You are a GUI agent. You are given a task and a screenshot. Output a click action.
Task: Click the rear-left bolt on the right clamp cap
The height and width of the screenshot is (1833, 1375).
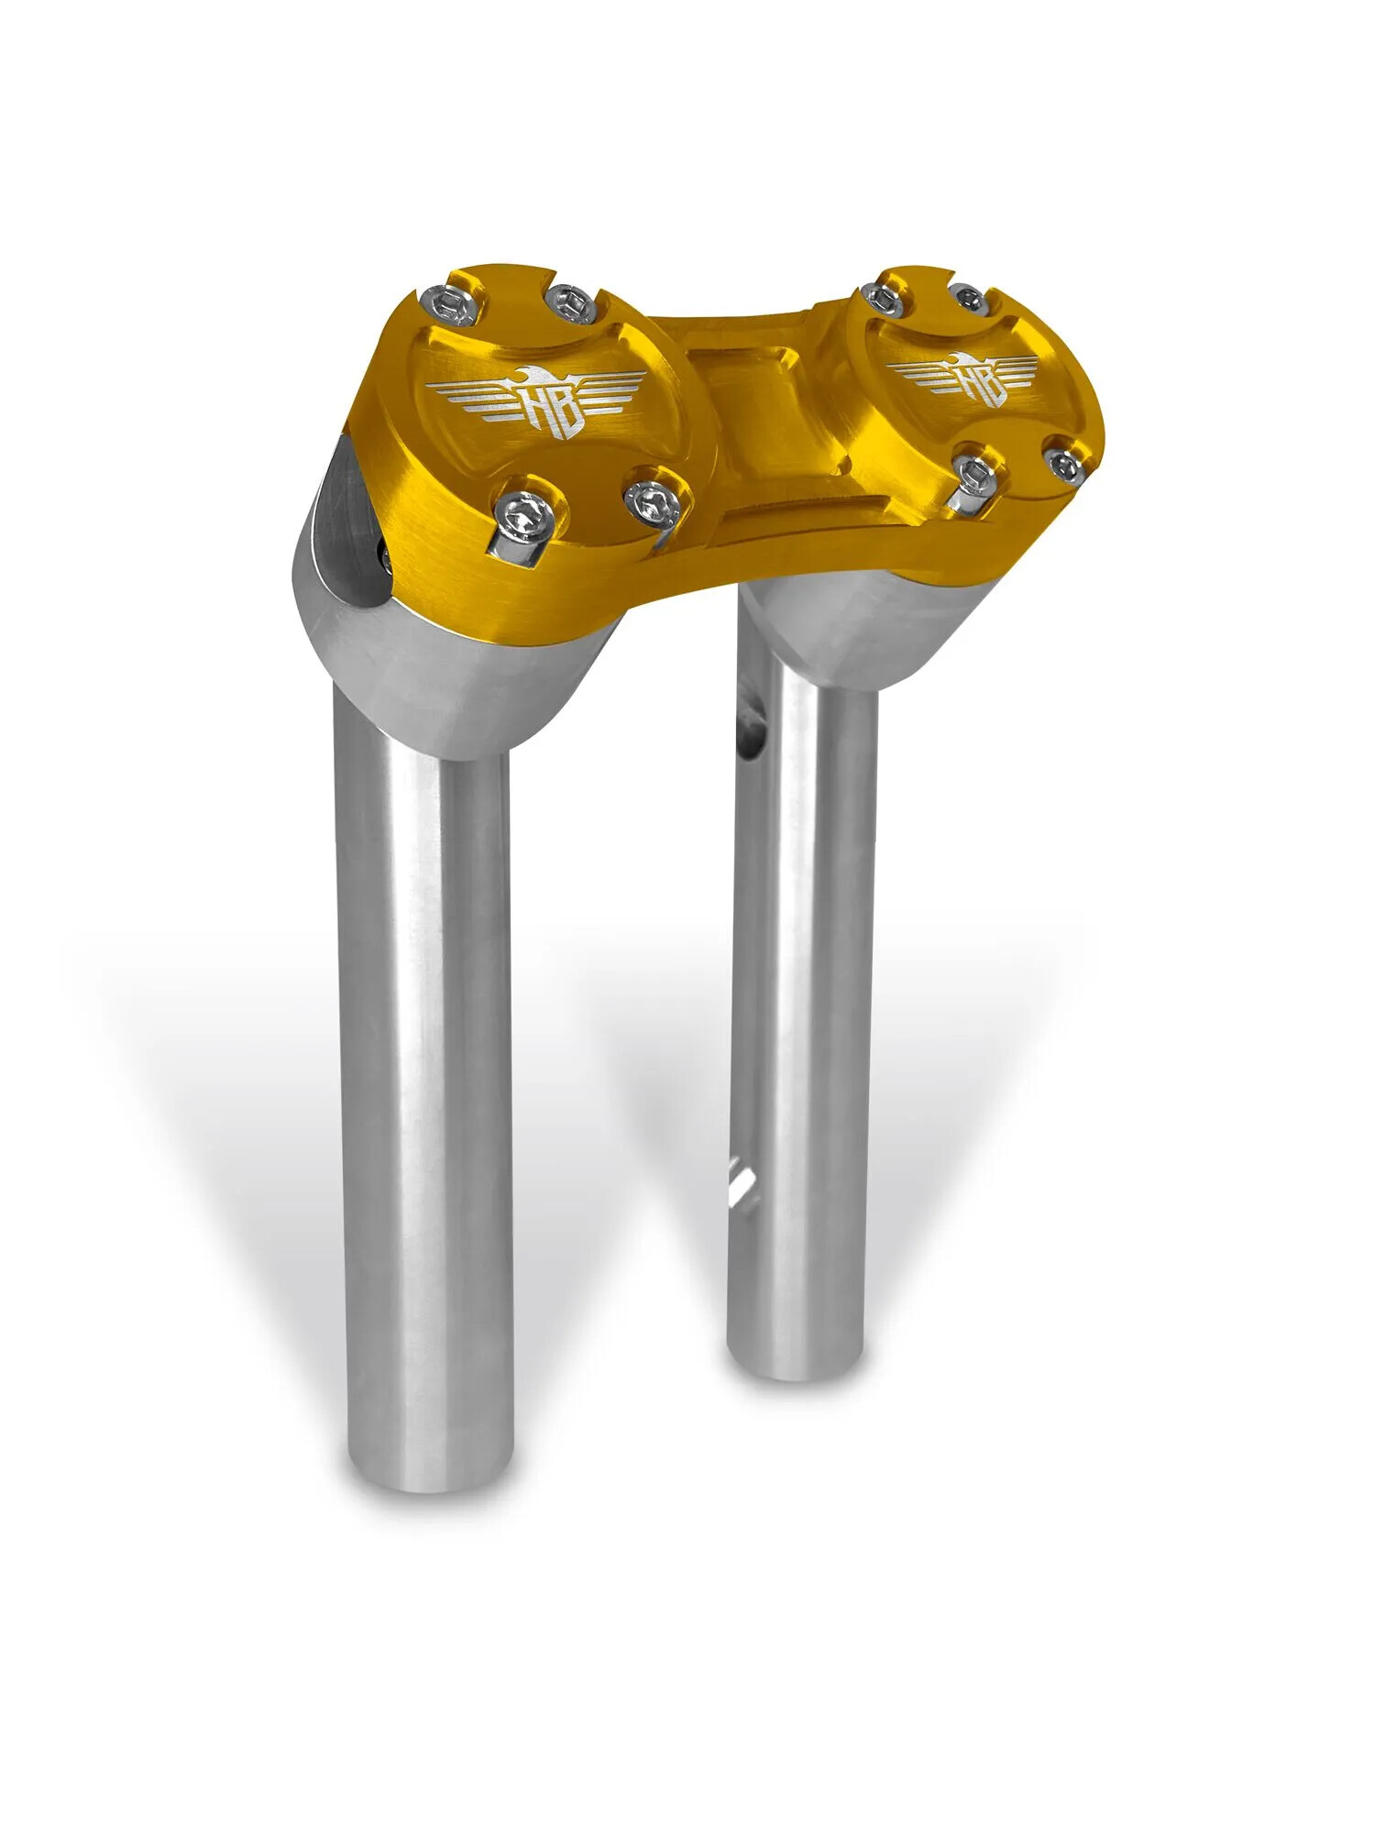click(880, 296)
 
